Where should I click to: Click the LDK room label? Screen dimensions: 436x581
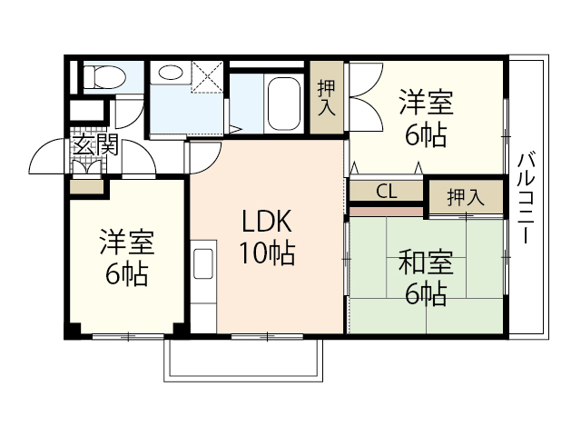[x=266, y=223]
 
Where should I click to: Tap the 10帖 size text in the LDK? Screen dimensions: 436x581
[x=266, y=255]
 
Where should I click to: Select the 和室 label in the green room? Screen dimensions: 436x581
[x=426, y=264]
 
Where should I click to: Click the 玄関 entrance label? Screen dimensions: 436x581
[x=95, y=144]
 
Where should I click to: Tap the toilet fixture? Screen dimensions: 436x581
[x=103, y=77]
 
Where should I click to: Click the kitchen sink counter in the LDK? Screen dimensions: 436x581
[x=203, y=263]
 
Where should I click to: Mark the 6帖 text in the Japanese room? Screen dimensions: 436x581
[x=426, y=294]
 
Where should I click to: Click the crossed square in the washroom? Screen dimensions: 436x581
[x=207, y=78]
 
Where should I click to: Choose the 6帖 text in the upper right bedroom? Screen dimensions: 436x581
[x=426, y=134]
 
